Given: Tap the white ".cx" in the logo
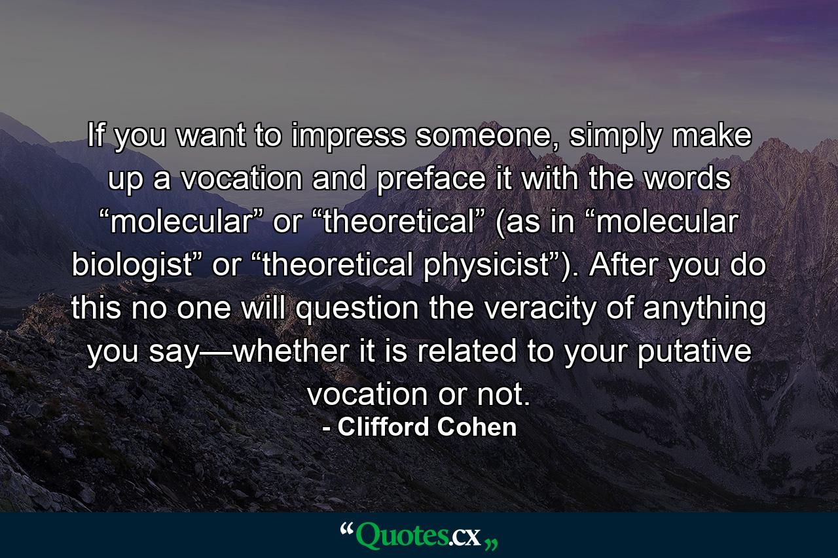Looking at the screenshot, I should point(465,537).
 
